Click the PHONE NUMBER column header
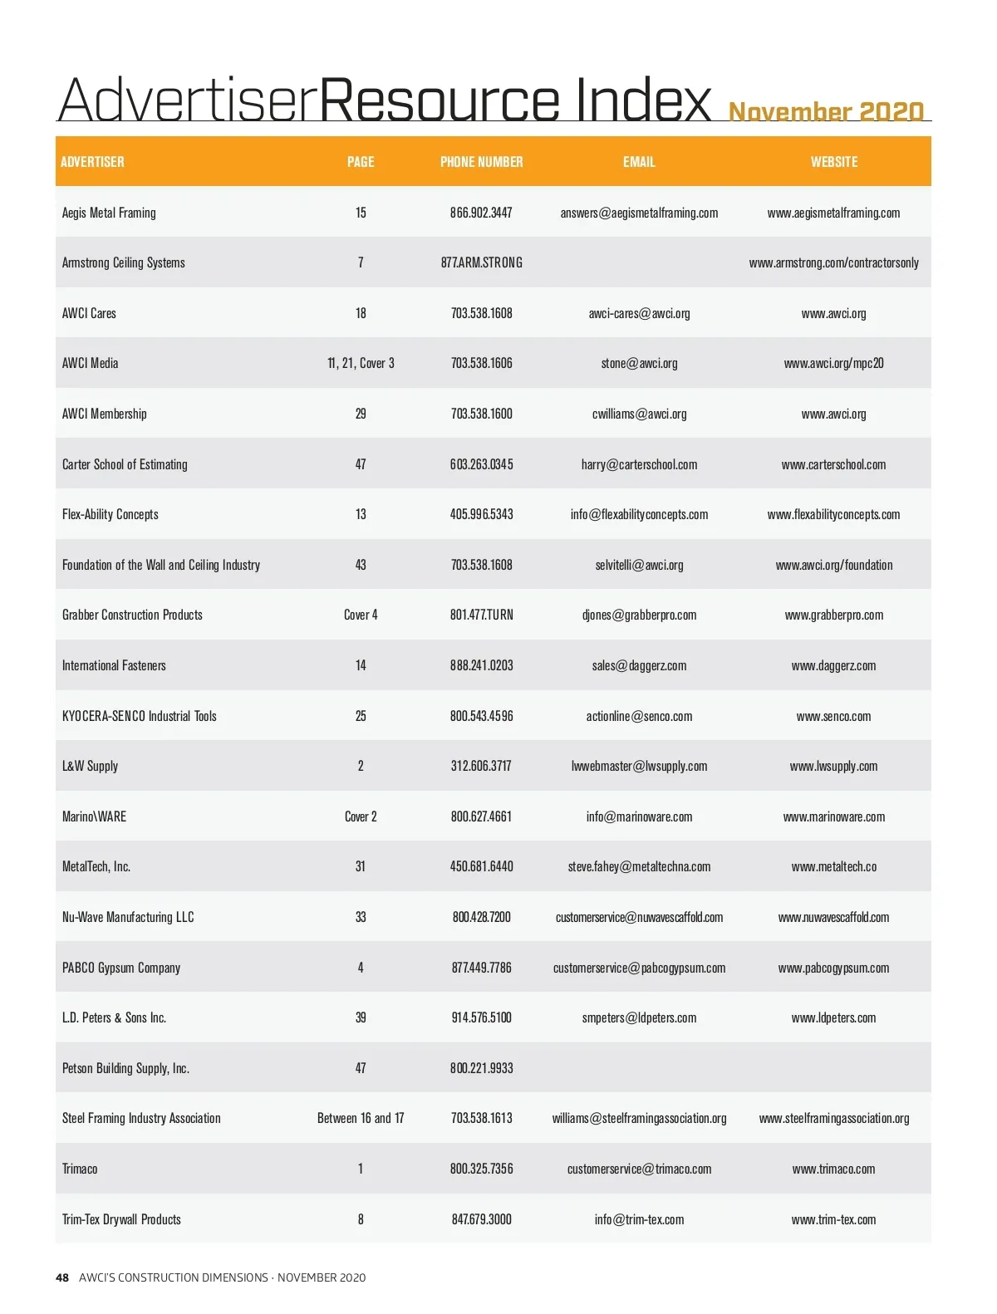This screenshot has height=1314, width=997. (481, 162)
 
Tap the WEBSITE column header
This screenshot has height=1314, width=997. (833, 162)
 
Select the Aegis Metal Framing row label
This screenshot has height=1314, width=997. (109, 213)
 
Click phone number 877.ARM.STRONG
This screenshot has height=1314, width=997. (481, 262)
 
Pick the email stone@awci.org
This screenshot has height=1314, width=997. (639, 363)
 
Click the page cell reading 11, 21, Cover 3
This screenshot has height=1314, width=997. (361, 363)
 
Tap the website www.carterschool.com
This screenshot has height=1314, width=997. (833, 464)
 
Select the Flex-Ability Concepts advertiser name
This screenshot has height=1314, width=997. (110, 514)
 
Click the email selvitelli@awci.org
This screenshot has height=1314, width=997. (639, 565)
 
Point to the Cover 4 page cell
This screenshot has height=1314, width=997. (361, 615)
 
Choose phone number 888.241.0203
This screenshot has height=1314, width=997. (481, 665)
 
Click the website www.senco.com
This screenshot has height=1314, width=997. (833, 716)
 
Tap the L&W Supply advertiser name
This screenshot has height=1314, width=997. (90, 766)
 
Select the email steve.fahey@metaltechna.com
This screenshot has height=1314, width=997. (639, 866)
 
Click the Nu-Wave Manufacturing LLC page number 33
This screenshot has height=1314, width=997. (361, 917)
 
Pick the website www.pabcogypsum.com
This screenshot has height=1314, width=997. (833, 968)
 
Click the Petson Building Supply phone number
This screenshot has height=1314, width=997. (481, 1068)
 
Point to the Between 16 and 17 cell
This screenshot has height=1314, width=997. (361, 1118)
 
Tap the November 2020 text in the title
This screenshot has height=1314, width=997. (826, 111)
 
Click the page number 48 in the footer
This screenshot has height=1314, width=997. (62, 1277)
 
